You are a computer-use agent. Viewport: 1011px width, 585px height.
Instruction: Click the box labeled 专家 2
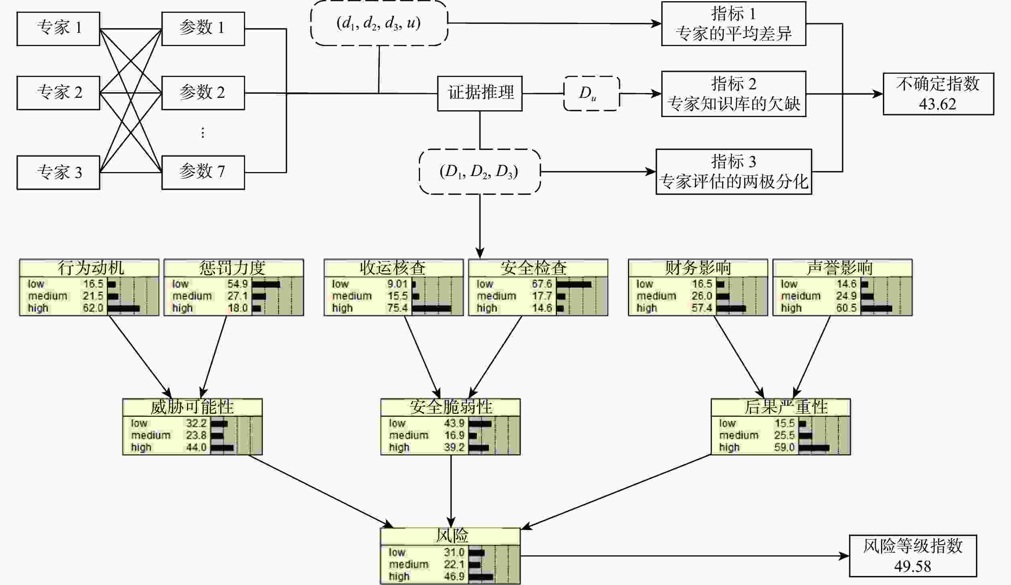pyautogui.click(x=58, y=93)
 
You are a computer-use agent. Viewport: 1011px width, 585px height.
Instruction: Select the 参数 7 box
pyautogui.click(x=203, y=172)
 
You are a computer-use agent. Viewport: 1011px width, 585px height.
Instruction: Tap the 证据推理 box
pyautogui.click(x=480, y=93)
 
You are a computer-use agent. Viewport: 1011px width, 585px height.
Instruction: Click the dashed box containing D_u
pyautogui.click(x=592, y=93)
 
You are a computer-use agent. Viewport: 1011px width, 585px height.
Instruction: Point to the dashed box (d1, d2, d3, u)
pyautogui.click(x=379, y=23)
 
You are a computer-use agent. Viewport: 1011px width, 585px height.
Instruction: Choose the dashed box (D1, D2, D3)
pyautogui.click(x=480, y=172)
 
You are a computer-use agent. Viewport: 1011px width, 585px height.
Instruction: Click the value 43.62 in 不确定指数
pyautogui.click(x=938, y=104)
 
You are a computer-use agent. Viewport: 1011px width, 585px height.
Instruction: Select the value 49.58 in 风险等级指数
pyautogui.click(x=913, y=566)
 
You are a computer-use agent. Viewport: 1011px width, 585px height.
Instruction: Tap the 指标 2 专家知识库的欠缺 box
pyautogui.click(x=733, y=94)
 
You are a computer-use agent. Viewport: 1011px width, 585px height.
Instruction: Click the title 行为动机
pyautogui.click(x=91, y=268)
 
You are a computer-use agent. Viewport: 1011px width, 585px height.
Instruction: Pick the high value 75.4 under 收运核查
pyautogui.click(x=397, y=308)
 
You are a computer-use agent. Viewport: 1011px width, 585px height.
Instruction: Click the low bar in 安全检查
pyautogui.click(x=574, y=284)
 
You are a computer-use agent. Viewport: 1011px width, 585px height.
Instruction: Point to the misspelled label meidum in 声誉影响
pyautogui.click(x=800, y=296)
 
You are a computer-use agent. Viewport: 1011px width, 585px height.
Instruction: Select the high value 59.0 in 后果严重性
pyautogui.click(x=784, y=447)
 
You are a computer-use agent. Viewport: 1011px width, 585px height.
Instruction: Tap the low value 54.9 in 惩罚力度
pyautogui.click(x=238, y=284)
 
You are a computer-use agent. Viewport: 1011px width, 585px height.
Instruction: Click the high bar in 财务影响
pyautogui.click(x=731, y=308)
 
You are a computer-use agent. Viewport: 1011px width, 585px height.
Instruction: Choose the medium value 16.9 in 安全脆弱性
pyautogui.click(x=454, y=435)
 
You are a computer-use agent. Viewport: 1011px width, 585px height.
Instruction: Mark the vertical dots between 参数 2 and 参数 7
pyautogui.click(x=203, y=133)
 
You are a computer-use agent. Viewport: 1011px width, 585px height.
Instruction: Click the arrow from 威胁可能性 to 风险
pyautogui.click(x=321, y=491)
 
